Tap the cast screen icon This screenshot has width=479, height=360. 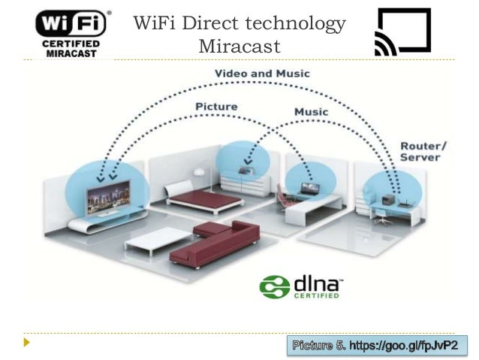(x=402, y=32)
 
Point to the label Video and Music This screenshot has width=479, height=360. (x=261, y=74)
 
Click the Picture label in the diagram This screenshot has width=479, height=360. (x=216, y=107)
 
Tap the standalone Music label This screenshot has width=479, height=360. (x=311, y=112)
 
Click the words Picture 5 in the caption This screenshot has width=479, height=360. (x=318, y=346)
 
